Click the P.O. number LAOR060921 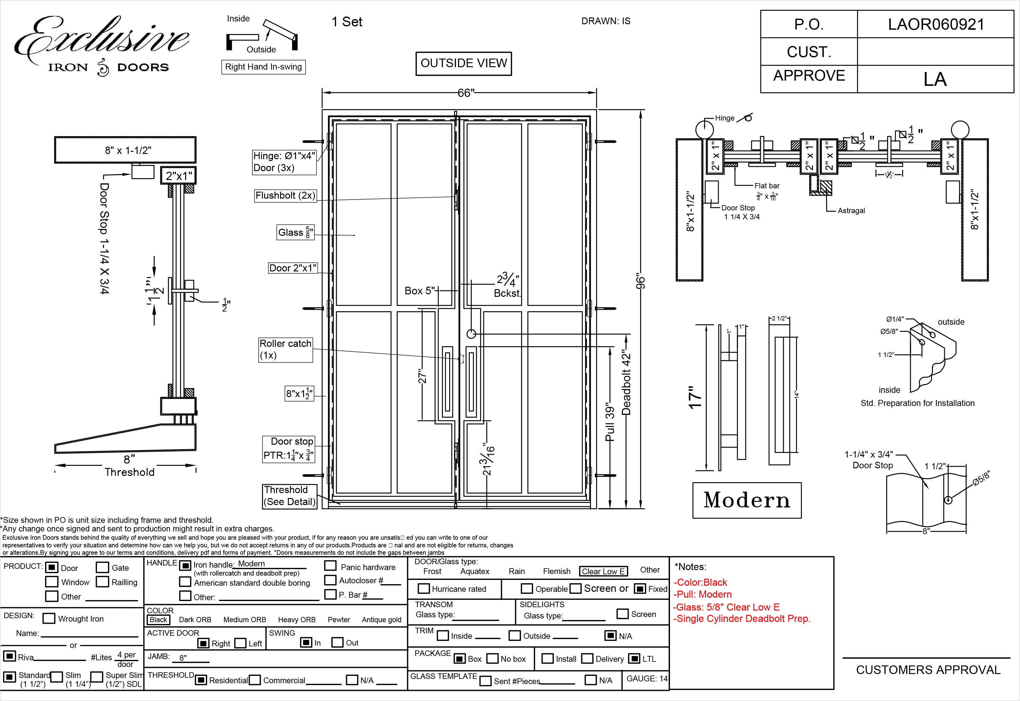point(936,24)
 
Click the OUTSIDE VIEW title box point(464,63)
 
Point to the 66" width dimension point(466,93)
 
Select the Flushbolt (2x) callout point(285,195)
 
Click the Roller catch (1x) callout point(286,349)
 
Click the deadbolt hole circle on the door point(471,334)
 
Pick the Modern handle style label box point(747,500)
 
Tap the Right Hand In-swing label point(263,67)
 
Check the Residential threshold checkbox point(201,680)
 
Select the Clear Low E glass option point(603,571)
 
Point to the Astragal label point(851,210)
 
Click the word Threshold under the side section point(129,472)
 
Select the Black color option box point(158,619)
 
